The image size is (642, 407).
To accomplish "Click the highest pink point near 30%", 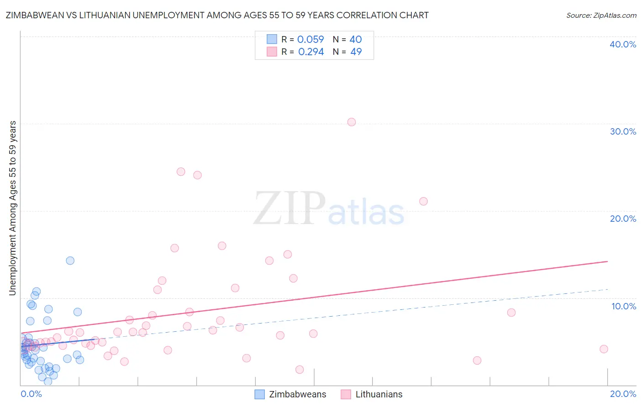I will [x=351, y=122].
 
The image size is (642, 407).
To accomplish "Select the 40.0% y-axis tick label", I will [x=623, y=44].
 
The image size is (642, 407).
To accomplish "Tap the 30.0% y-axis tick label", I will [x=623, y=131].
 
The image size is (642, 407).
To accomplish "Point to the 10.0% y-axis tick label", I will [x=623, y=306].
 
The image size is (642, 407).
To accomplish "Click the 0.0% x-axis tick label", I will [x=31, y=394].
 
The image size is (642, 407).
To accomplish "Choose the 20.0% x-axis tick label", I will [x=623, y=394].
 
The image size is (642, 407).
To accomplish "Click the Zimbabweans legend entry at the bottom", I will [x=291, y=394].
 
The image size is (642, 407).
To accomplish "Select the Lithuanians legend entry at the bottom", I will [x=372, y=394].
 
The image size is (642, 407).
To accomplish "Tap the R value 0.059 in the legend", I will [x=310, y=39].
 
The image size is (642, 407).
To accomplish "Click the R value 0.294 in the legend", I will [x=311, y=52].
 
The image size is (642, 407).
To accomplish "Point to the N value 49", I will [x=356, y=52].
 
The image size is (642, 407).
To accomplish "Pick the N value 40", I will [x=356, y=39].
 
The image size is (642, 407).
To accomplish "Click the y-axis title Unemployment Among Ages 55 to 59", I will [x=13, y=208].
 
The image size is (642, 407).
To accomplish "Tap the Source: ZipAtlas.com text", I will [x=601, y=16].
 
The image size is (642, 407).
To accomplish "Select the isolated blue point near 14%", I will [x=70, y=261].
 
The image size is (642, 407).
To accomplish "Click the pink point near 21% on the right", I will [x=423, y=201].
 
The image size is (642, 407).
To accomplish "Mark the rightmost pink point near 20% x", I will [x=604, y=349].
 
